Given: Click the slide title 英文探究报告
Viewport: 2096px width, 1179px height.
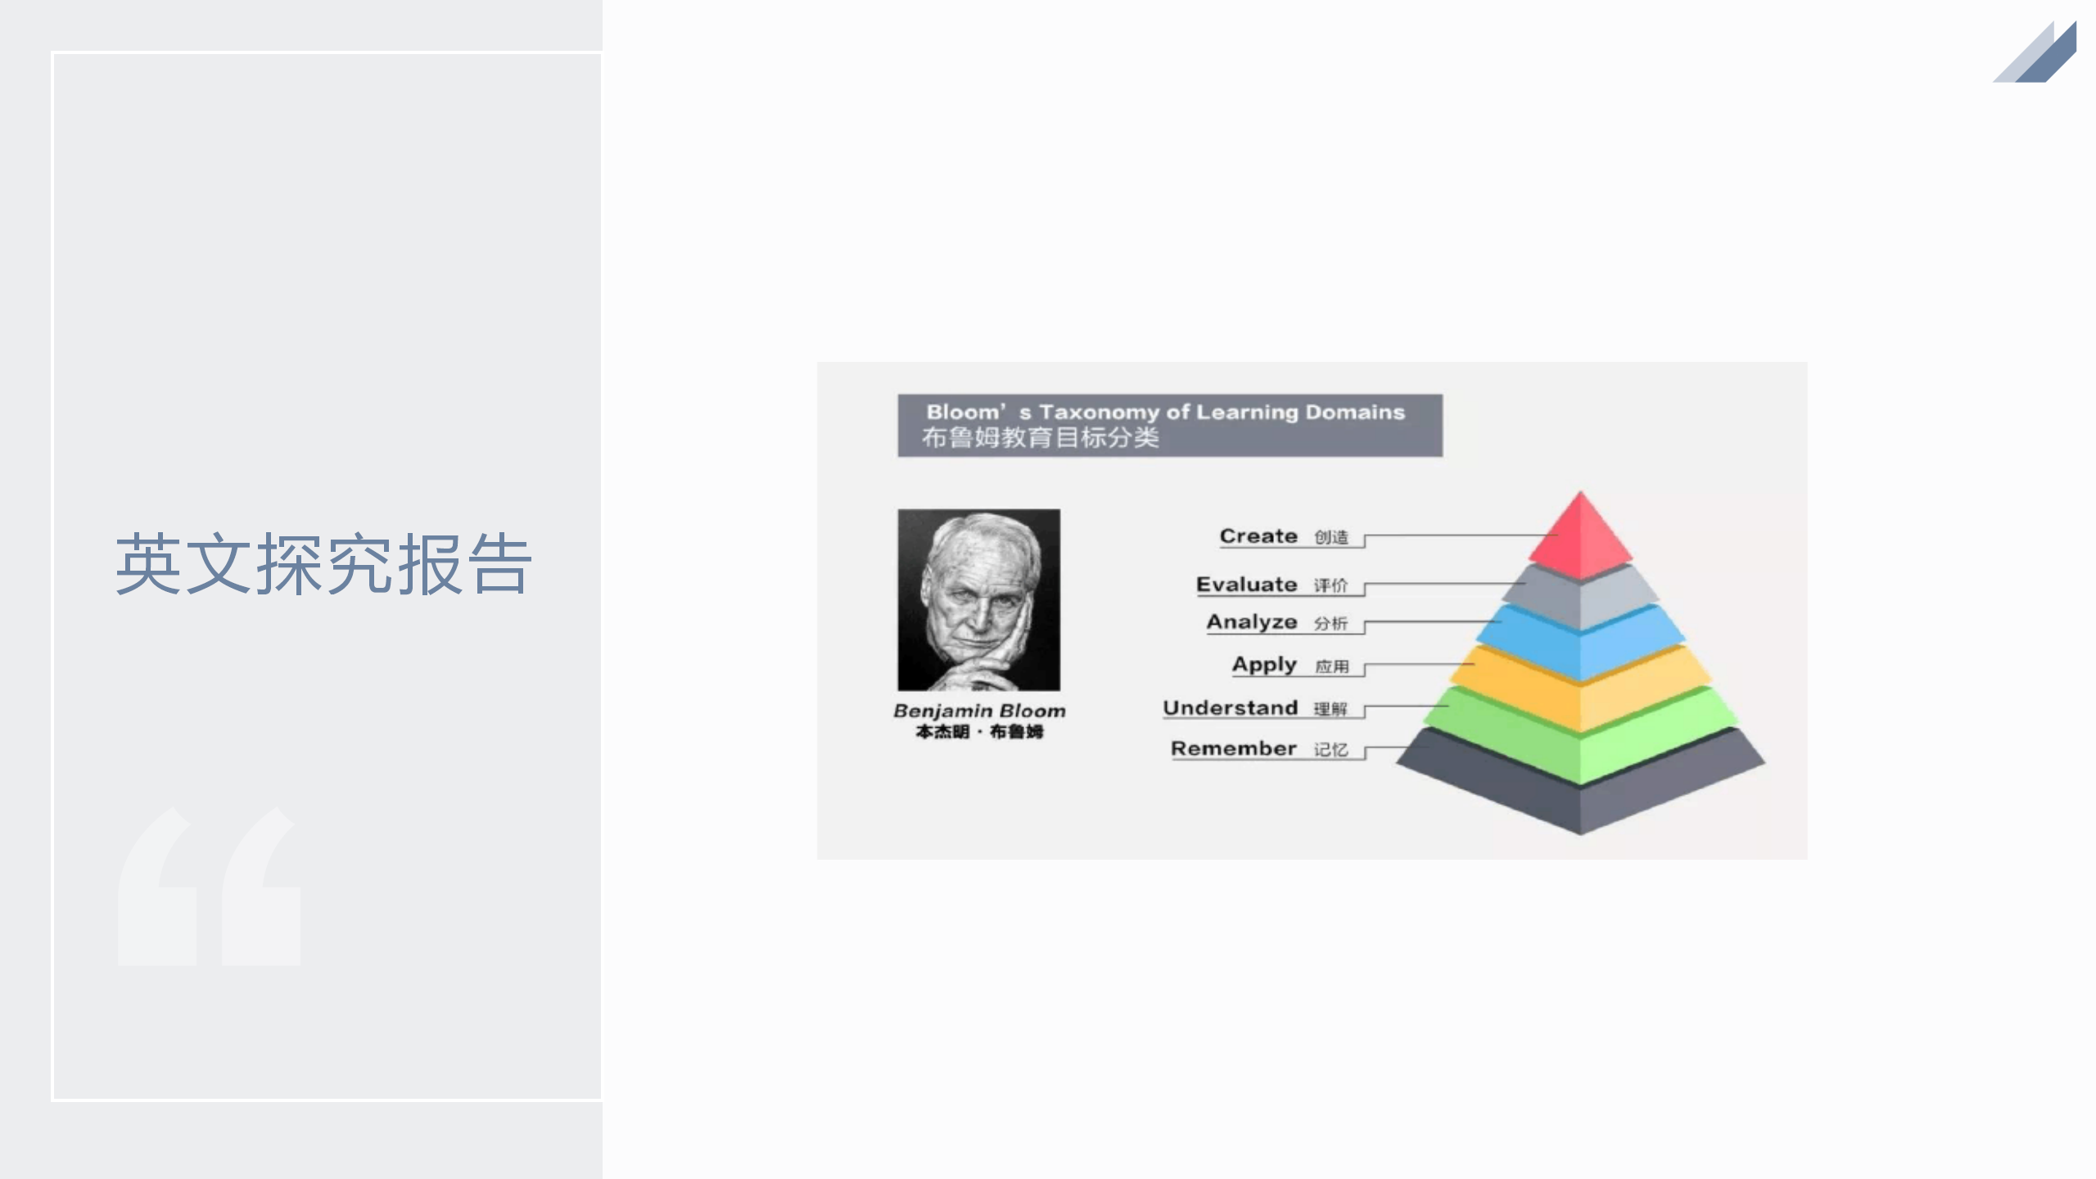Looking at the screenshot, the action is (x=324, y=564).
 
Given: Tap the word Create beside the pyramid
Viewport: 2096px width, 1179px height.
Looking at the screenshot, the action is (x=1258, y=536).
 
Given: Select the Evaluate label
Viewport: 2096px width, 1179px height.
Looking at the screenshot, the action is (x=1247, y=585).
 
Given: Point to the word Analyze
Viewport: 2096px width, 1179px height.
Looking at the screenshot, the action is (x=1252, y=623).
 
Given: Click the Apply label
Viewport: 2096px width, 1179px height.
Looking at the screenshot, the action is (x=1264, y=665).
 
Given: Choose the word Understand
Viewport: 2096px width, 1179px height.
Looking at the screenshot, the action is (x=1231, y=707).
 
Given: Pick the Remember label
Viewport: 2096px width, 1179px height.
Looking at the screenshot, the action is (x=1234, y=748).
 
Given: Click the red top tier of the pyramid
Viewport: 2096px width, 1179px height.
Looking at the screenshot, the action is (x=1580, y=536).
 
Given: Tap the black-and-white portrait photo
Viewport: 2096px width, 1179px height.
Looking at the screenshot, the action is (x=978, y=600).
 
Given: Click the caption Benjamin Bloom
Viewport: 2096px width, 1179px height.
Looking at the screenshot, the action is (x=979, y=711).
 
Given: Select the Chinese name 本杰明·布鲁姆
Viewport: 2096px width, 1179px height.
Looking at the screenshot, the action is (x=979, y=731).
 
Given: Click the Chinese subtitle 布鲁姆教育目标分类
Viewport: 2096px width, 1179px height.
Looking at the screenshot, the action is (x=1041, y=438).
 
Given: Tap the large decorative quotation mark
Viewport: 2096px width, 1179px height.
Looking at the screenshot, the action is (x=209, y=886).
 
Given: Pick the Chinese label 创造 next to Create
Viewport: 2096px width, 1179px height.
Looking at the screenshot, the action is (x=1331, y=538).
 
